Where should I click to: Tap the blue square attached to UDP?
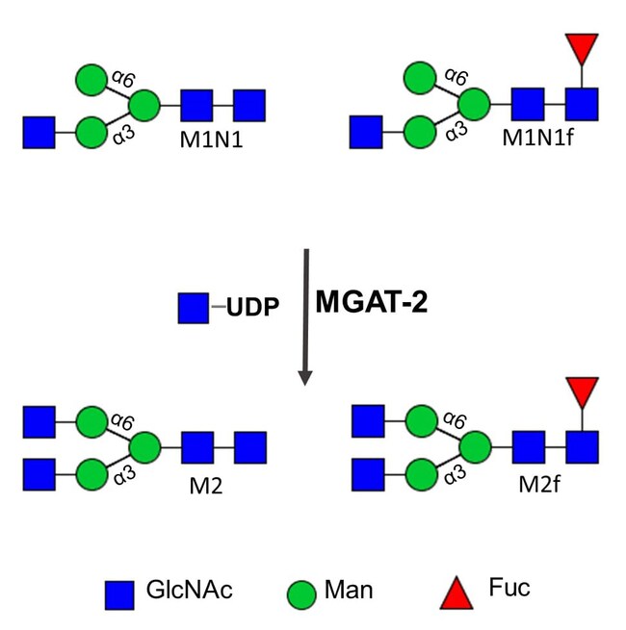[194, 309]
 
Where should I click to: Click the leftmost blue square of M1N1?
[39, 132]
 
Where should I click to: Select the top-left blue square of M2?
[39, 420]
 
